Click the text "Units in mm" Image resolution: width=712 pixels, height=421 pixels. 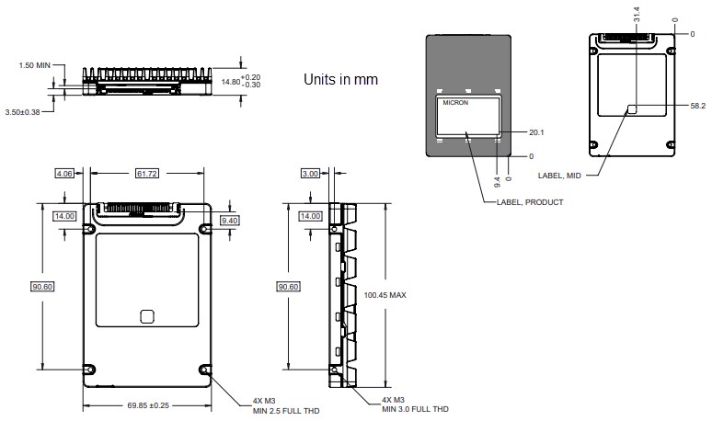pos(340,80)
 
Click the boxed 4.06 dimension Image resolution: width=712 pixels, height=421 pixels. pos(64,173)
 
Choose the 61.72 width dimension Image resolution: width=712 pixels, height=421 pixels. pos(146,173)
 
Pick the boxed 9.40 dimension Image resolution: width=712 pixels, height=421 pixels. pos(230,221)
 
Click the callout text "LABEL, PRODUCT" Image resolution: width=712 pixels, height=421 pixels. pos(528,201)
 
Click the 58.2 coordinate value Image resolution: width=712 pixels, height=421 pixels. pos(697,106)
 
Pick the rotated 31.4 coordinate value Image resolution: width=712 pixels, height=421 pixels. pos(635,16)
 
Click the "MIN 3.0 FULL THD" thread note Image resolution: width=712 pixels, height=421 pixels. pos(416,409)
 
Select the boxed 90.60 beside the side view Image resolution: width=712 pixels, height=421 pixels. pos(288,286)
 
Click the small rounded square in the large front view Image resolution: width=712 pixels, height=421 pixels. pos(146,315)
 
